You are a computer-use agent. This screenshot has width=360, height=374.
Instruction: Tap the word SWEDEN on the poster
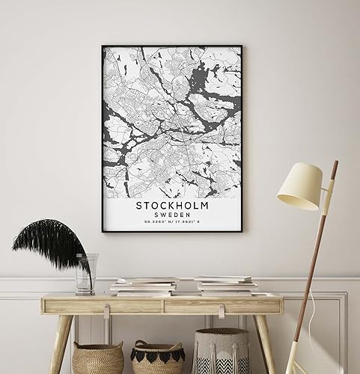click(x=171, y=212)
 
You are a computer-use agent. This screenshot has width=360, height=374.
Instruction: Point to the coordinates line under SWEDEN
click(x=171, y=221)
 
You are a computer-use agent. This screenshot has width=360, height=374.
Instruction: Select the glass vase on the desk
click(x=86, y=274)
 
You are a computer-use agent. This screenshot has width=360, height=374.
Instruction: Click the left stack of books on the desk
click(x=144, y=286)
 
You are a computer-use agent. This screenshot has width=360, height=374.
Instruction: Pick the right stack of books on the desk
click(x=225, y=285)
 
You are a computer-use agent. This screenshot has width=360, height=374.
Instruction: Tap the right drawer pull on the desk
click(x=224, y=306)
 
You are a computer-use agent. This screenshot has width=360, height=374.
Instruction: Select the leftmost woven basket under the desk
click(x=97, y=358)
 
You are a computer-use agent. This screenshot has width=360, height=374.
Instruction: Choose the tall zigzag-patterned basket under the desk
click(x=221, y=352)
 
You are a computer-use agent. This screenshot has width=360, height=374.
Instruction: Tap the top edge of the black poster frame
click(x=171, y=46)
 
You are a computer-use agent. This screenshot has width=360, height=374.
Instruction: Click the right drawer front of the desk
click(x=222, y=305)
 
